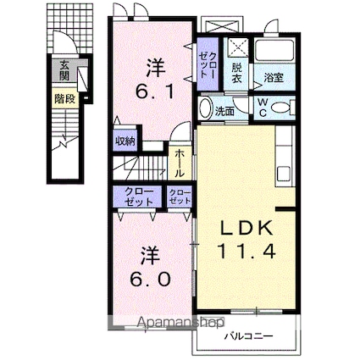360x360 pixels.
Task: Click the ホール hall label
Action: pyautogui.click(x=181, y=162)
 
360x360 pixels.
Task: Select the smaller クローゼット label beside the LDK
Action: pyautogui.click(x=180, y=197)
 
